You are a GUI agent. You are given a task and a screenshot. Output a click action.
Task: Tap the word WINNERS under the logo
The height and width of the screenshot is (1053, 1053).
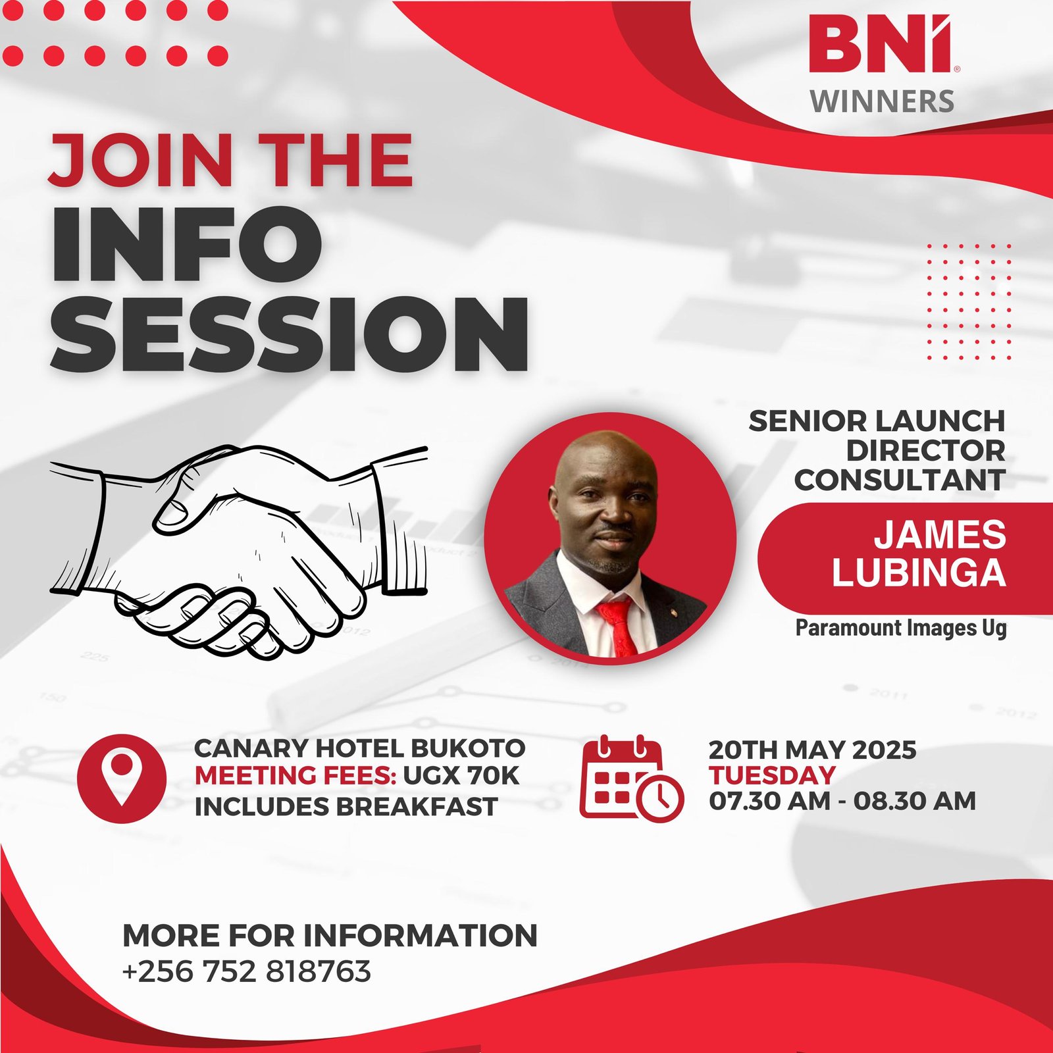(882, 101)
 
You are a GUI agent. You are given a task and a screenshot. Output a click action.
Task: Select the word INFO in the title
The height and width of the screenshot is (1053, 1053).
(187, 244)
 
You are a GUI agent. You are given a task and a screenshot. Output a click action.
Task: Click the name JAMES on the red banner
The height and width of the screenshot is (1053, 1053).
(940, 534)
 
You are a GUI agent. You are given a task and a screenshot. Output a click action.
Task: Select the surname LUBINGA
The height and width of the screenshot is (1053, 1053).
(919, 573)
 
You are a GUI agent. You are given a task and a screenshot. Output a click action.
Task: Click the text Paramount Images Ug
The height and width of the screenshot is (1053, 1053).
(901, 628)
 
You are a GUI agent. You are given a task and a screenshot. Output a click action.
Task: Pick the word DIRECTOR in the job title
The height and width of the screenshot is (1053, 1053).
(925, 451)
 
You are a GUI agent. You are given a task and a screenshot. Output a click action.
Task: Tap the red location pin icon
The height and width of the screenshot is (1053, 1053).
(121, 779)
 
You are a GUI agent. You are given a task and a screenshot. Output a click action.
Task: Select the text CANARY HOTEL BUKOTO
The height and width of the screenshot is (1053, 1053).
(360, 748)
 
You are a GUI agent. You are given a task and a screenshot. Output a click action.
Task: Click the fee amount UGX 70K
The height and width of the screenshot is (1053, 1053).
(461, 776)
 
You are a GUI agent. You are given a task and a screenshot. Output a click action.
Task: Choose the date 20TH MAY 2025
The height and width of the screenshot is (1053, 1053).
(812, 750)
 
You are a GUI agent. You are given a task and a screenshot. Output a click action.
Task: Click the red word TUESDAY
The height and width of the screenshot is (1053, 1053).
(772, 775)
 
